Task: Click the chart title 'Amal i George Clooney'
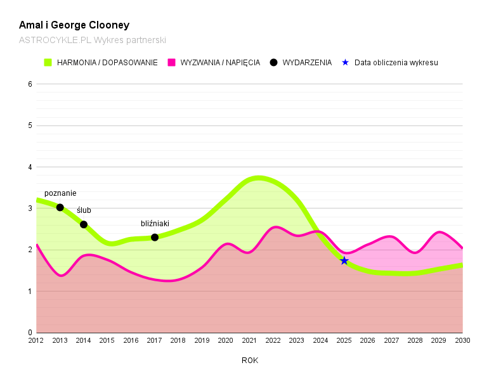click(74, 25)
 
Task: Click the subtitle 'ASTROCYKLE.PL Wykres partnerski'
click(92, 40)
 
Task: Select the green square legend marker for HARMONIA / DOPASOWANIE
click(48, 63)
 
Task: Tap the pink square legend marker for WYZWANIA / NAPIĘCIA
click(171, 63)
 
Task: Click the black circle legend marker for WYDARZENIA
click(274, 63)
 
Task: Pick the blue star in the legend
click(346, 63)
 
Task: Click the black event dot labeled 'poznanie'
click(60, 207)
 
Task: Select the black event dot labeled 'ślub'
click(84, 224)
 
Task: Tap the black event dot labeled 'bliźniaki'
click(155, 237)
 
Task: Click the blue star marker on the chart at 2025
click(344, 260)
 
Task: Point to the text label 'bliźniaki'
click(155, 224)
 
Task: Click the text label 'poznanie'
click(60, 193)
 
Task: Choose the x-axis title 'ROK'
click(250, 361)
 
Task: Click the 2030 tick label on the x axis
click(462, 341)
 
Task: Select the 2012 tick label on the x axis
click(37, 341)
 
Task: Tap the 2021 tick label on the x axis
click(249, 341)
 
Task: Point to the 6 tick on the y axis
click(30, 84)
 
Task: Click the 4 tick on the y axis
click(30, 167)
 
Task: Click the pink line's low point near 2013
click(61, 276)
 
